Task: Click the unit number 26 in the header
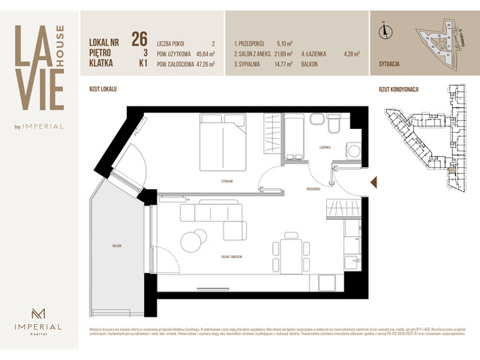[x=138, y=38]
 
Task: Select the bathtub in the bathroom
[x=295, y=135]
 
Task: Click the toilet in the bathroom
[x=316, y=121]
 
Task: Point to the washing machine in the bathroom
[x=351, y=149]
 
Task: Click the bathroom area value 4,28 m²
[x=349, y=54]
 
